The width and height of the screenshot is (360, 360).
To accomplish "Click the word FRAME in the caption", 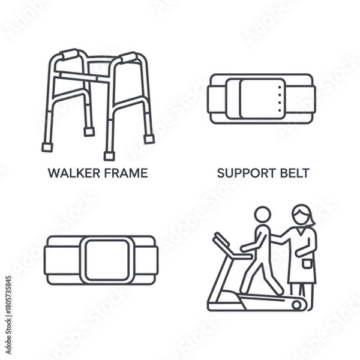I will [x=125, y=174].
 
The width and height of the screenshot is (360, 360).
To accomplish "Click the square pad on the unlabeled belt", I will [x=108, y=259].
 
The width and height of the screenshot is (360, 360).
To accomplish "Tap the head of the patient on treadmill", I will [x=262, y=215].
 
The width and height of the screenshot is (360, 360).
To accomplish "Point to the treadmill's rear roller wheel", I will [x=296, y=305].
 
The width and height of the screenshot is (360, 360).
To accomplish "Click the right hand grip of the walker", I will [x=128, y=58].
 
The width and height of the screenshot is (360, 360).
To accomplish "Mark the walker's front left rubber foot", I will [x=47, y=147].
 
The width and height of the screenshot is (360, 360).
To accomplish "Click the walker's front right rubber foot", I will [x=109, y=156].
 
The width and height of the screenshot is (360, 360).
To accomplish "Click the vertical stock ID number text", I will [x=8, y=298].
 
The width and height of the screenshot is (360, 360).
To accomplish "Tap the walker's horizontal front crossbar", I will [x=83, y=76].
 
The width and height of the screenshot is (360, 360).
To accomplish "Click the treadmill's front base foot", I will [x=211, y=306].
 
